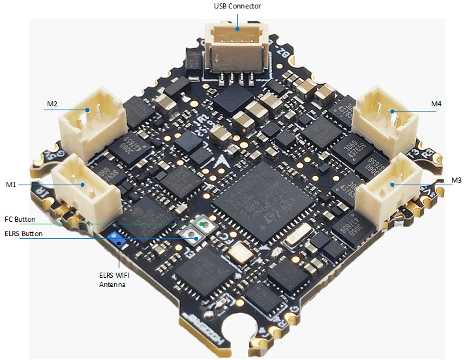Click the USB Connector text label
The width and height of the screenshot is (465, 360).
(237, 7)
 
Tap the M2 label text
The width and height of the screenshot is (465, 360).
(52, 104)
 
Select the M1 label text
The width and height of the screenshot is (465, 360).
(11, 185)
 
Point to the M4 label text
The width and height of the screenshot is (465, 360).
(436, 104)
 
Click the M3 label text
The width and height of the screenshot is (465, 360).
(456, 179)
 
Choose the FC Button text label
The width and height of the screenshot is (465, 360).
(20, 220)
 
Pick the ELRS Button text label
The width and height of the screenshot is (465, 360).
(23, 233)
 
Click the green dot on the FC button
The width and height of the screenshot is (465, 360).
(202, 224)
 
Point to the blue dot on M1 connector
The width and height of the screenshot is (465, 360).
(83, 185)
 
